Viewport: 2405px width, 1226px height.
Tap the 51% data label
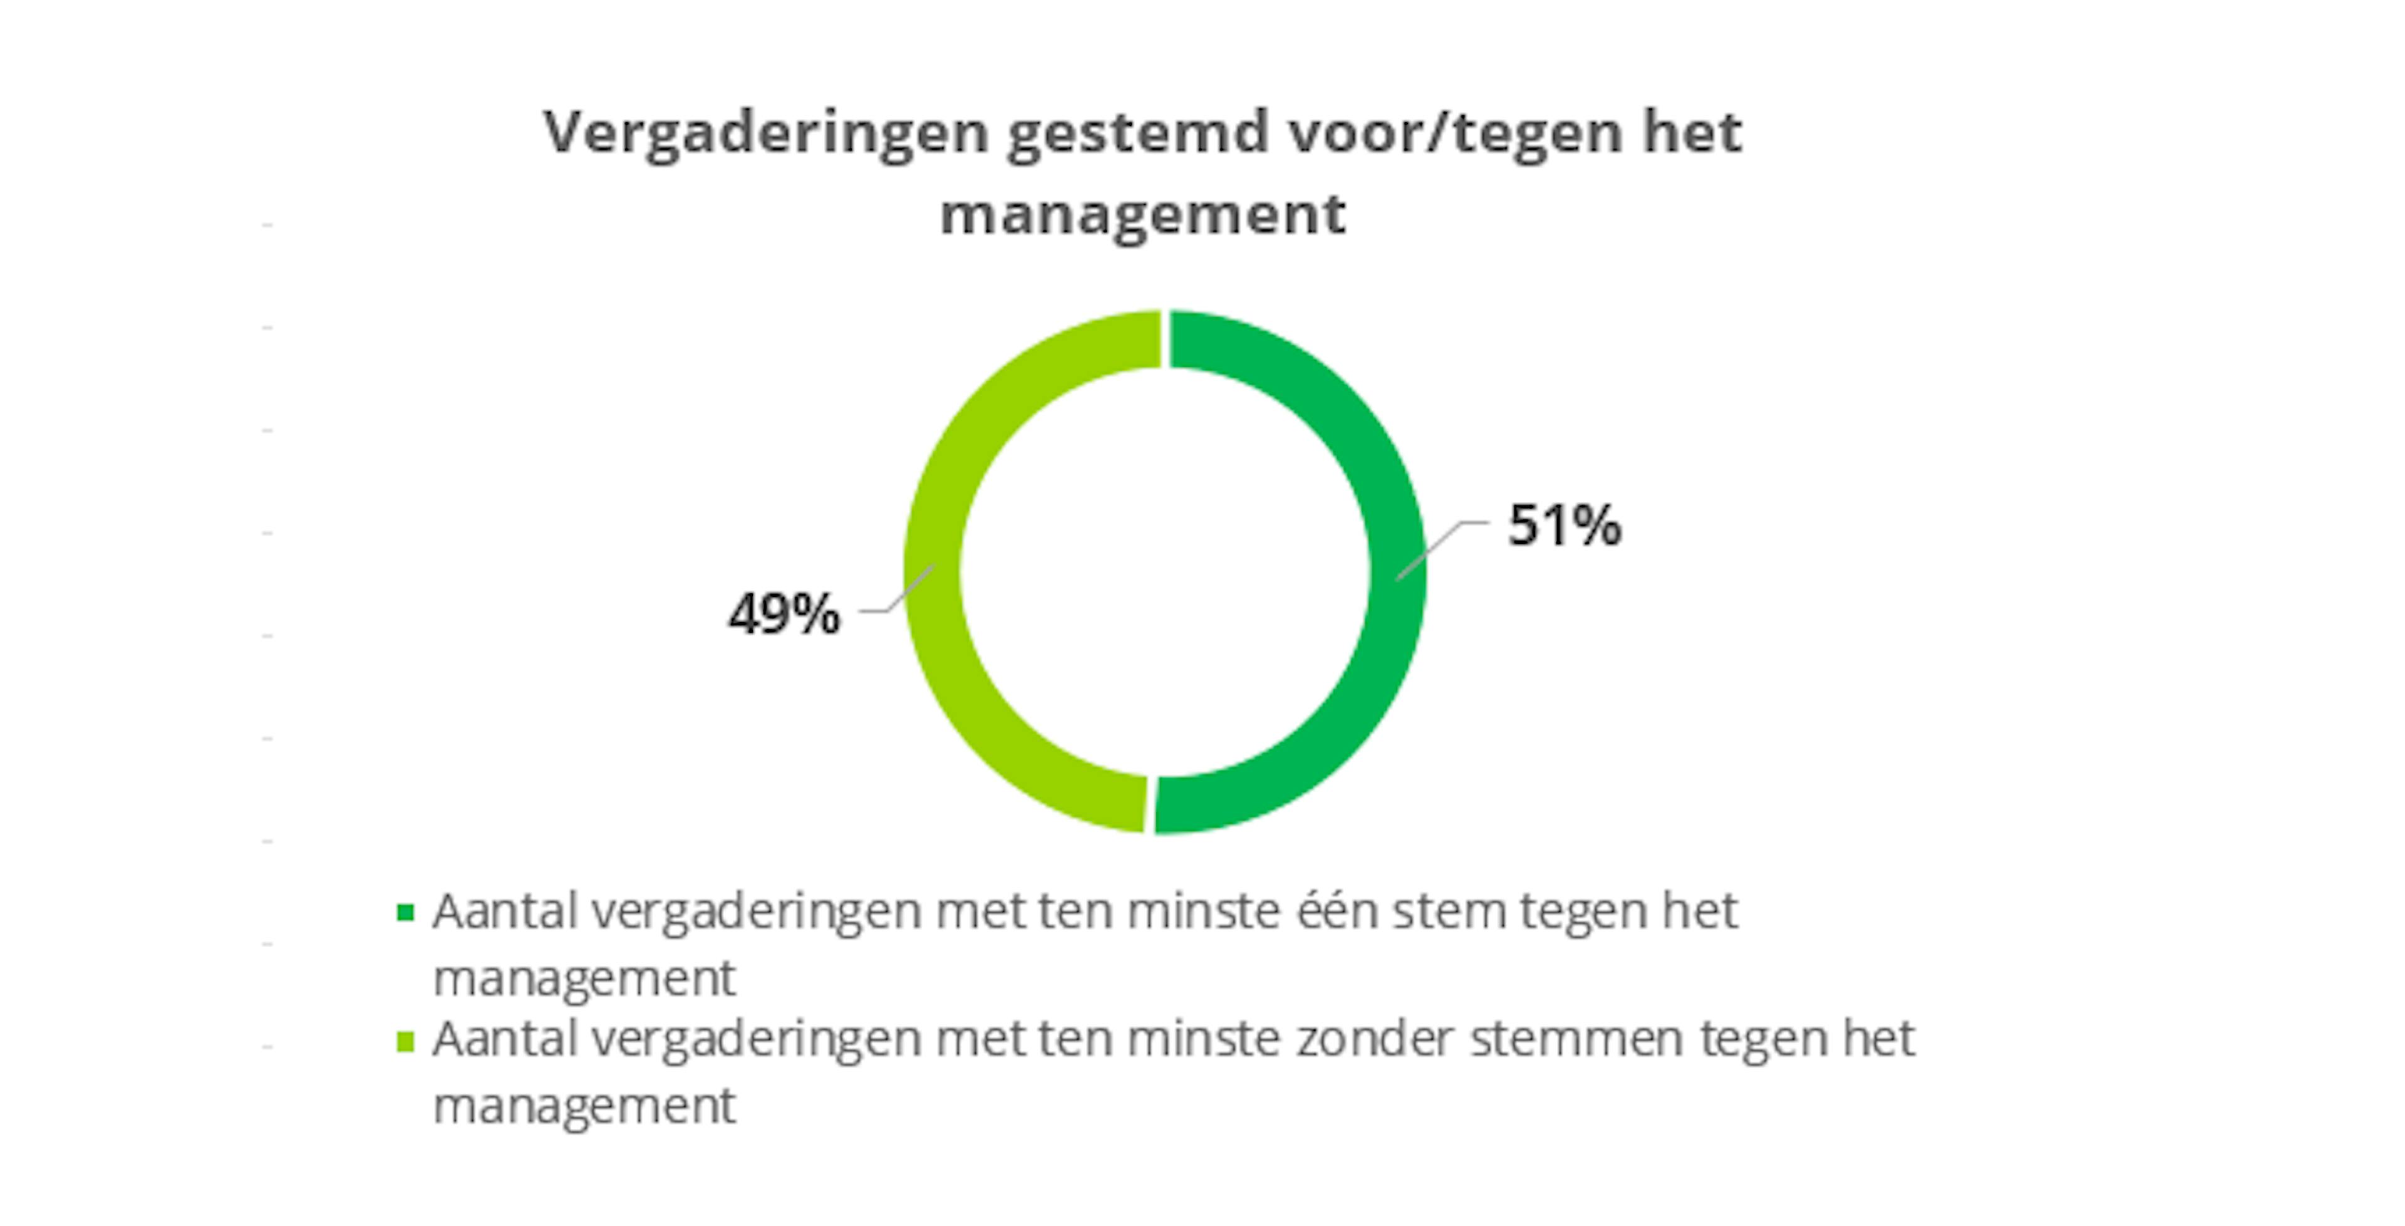click(1565, 525)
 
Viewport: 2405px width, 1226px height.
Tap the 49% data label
click(784, 615)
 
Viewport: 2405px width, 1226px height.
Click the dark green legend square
click(405, 912)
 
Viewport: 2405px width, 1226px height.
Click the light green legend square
click(405, 1040)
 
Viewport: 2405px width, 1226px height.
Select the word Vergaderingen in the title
click(765, 133)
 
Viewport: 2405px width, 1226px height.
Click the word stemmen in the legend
click(1577, 1038)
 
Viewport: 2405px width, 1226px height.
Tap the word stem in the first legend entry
click(1450, 912)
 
